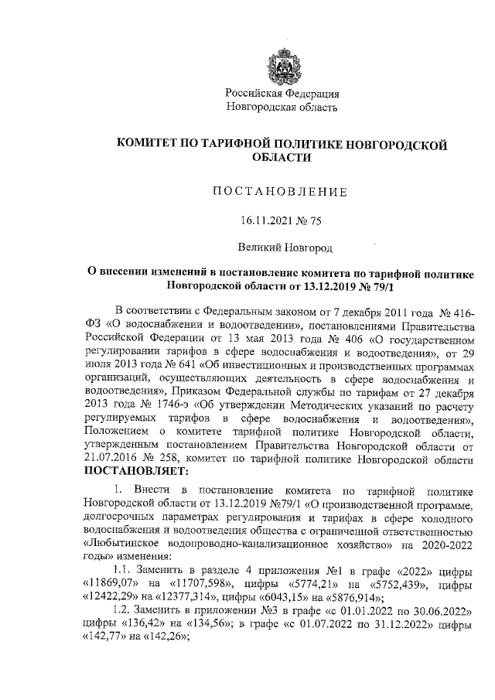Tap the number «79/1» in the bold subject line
(x=392, y=287)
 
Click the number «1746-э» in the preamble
(x=162, y=402)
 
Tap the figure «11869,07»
(x=113, y=582)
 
